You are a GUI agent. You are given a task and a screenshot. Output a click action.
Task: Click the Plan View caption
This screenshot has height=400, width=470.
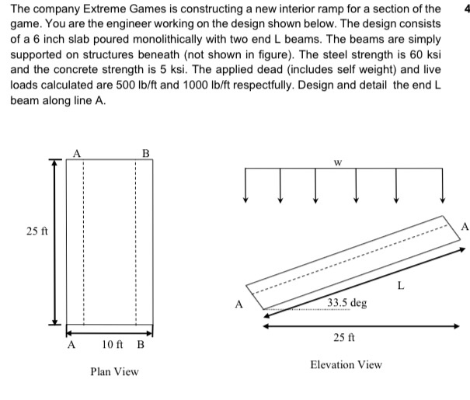114,371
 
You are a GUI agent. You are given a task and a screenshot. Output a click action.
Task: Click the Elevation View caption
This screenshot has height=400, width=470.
346,364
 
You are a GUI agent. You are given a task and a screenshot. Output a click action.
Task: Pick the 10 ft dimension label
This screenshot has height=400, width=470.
115,344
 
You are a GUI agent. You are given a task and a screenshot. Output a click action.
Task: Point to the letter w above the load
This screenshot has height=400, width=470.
336,163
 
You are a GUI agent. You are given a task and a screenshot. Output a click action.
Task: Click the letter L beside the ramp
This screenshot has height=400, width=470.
401,288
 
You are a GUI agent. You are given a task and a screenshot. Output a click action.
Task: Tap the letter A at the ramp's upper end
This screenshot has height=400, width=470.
464,227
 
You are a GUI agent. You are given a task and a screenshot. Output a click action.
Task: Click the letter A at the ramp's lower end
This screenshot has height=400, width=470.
238,303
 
